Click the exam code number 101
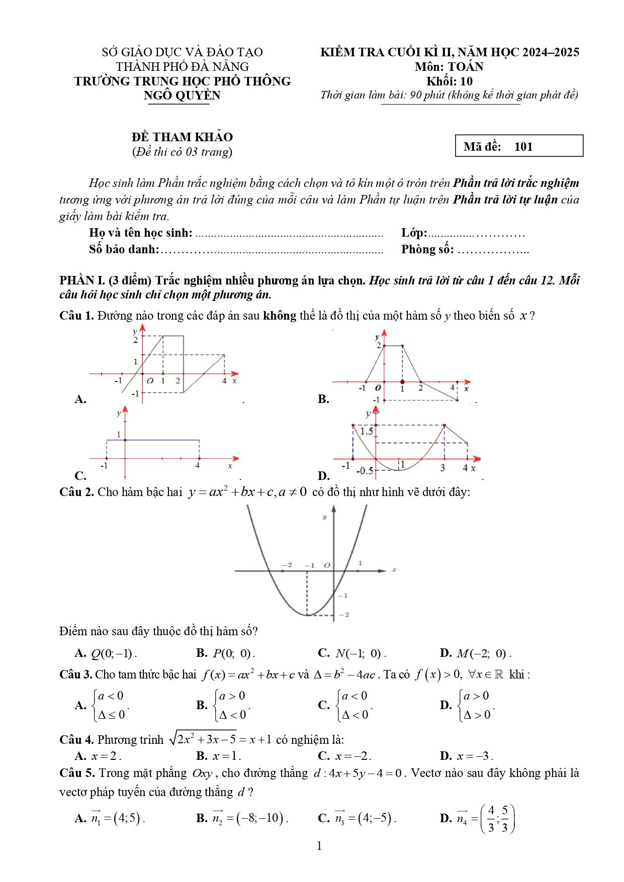tap(523, 147)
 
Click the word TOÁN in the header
tap(466, 67)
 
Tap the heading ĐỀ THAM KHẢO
tap(182, 137)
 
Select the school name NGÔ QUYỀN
tap(182, 95)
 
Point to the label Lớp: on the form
tap(414, 233)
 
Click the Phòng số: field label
tap(427, 249)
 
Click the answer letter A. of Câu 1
tap(80, 399)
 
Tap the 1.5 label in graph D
tap(367, 431)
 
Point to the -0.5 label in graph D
tap(365, 471)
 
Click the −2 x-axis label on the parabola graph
tap(287, 565)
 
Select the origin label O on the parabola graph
tap(327, 565)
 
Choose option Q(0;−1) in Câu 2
tap(114, 654)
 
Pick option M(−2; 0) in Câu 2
tap(484, 654)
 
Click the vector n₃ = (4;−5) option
tap(366, 818)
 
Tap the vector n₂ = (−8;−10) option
tap(249, 818)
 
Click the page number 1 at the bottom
tap(319, 846)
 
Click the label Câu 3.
tap(76, 674)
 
